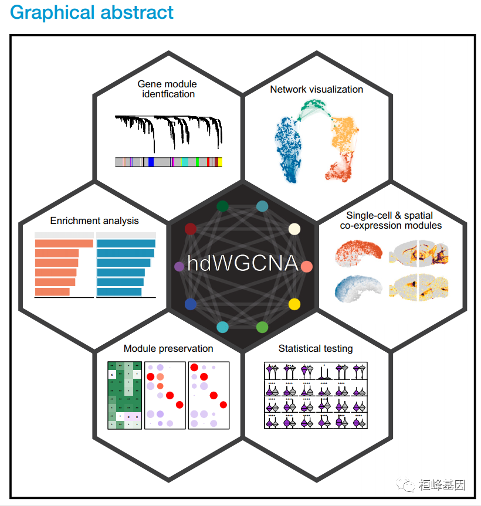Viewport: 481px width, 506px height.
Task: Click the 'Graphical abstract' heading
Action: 92,13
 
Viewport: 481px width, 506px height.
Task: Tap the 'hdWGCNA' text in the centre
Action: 242,263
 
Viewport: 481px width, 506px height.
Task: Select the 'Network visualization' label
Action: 316,89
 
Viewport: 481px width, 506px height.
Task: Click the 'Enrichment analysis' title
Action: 94,221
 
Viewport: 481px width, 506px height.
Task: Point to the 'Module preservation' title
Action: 168,348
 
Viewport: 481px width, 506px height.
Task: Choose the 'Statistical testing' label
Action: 316,348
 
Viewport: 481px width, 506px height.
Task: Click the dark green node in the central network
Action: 222,206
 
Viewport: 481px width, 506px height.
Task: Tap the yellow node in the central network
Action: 294,304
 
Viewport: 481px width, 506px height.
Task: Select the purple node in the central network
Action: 179,267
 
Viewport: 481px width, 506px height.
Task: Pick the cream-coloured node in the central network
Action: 294,229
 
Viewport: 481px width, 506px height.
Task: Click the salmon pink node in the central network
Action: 306,267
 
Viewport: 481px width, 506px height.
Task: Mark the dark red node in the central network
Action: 191,229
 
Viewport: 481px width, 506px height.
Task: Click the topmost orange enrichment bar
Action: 64,243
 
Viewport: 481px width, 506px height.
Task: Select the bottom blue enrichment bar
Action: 119,291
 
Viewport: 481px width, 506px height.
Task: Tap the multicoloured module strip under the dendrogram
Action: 169,162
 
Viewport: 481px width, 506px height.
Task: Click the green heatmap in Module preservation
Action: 124,395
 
